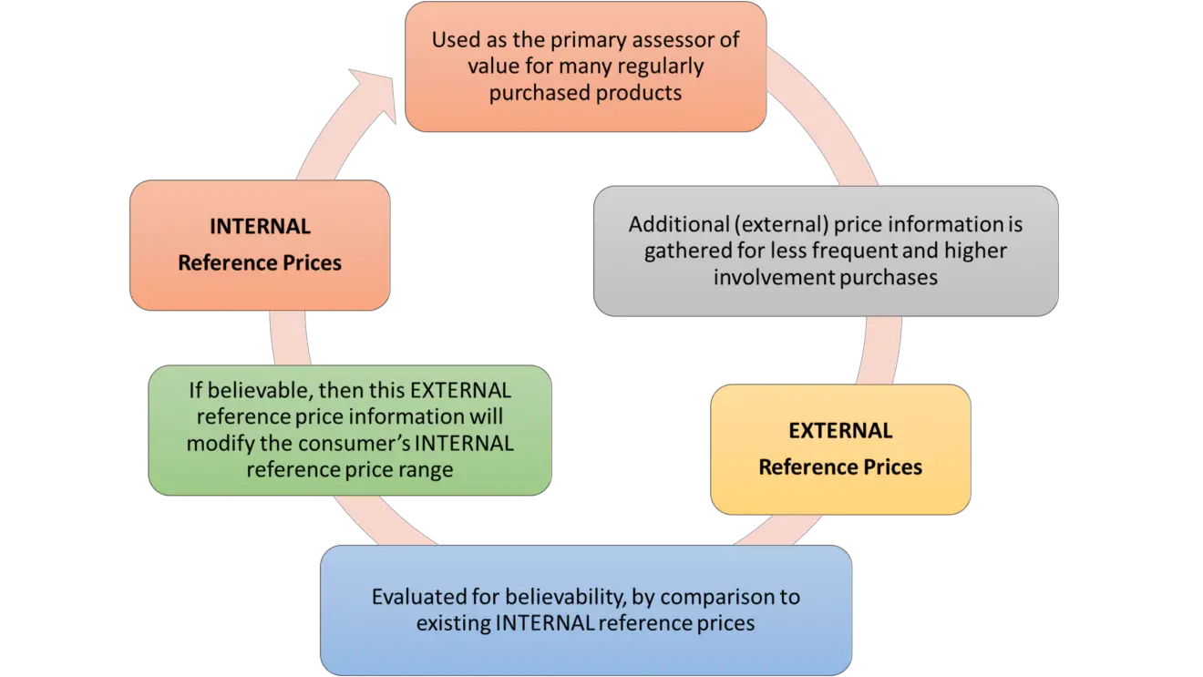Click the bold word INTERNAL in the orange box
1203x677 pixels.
tap(260, 226)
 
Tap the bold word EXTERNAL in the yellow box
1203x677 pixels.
tap(840, 430)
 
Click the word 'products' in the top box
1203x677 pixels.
tap(643, 93)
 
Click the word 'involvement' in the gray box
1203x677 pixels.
tap(770, 277)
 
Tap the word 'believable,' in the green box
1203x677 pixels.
tap(261, 390)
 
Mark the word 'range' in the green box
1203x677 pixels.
tap(427, 470)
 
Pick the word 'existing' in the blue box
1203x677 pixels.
tap(449, 624)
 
